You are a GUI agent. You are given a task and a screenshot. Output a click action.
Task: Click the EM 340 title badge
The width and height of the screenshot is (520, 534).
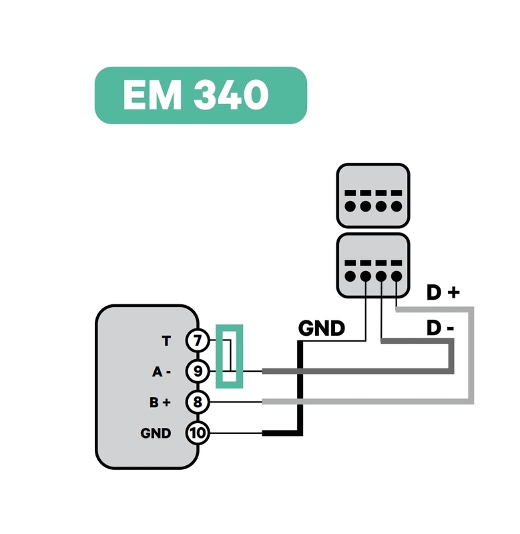pyautogui.click(x=200, y=95)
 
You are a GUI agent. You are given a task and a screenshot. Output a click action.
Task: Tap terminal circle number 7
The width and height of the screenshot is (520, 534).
pyautogui.click(x=197, y=341)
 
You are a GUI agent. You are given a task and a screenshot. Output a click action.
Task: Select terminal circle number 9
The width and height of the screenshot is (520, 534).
pyautogui.click(x=197, y=371)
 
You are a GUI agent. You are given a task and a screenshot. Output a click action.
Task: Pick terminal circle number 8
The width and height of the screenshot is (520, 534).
pyautogui.click(x=197, y=402)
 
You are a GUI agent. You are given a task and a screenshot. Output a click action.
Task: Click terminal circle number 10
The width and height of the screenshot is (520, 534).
pyautogui.click(x=197, y=433)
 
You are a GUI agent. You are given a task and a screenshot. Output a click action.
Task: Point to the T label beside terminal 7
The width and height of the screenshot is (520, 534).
pyautogui.click(x=166, y=341)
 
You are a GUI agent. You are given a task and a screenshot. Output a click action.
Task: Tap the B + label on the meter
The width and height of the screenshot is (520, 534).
pyautogui.click(x=160, y=403)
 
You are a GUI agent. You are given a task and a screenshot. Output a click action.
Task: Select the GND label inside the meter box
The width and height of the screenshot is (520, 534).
pyautogui.click(x=156, y=433)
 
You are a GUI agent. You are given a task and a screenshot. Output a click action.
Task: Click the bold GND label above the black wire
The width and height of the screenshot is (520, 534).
pyautogui.click(x=321, y=328)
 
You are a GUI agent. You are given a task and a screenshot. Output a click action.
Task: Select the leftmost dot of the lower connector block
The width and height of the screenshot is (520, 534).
pyautogui.click(x=350, y=276)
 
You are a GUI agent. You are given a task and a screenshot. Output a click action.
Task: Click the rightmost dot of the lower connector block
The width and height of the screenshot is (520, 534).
pyautogui.click(x=397, y=276)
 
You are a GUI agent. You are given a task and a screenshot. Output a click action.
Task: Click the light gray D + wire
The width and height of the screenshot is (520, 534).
pyautogui.click(x=471, y=354)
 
